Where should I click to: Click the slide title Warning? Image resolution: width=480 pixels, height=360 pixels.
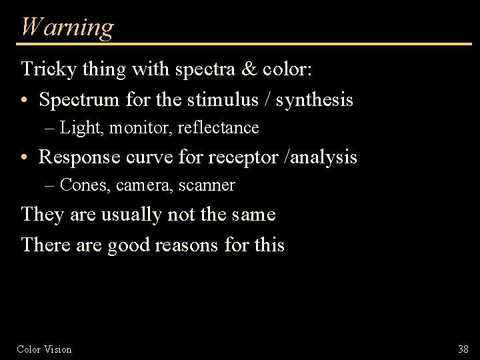point(67,27)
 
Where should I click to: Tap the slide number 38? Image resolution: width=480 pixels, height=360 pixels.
point(463,349)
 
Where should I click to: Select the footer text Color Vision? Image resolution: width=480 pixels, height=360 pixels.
point(44,349)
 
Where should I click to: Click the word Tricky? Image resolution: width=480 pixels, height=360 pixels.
point(43,69)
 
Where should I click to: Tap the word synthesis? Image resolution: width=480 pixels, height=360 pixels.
point(314,101)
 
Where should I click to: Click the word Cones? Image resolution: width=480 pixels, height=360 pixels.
point(85,185)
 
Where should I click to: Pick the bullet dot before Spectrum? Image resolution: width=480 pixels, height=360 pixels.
point(25,101)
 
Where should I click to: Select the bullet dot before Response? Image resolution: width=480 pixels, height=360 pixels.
point(25,158)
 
